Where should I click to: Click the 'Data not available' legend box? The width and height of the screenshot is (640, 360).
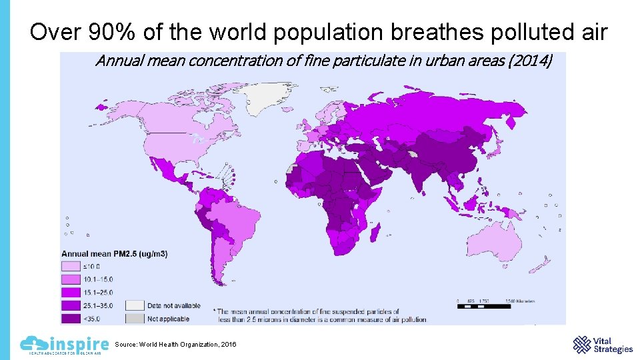pyautogui.click(x=135, y=305)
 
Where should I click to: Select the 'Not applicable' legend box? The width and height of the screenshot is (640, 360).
pyautogui.click(x=135, y=318)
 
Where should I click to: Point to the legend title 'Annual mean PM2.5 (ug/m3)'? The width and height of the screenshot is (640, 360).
pyautogui.click(x=115, y=254)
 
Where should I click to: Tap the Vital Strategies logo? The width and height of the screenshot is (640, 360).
pyautogui.click(x=603, y=345)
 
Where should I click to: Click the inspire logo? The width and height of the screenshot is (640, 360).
pyautogui.click(x=64, y=345)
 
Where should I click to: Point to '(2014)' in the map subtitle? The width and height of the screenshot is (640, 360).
pyautogui.click(x=531, y=61)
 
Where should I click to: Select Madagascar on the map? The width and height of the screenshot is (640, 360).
pyautogui.click(x=375, y=233)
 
